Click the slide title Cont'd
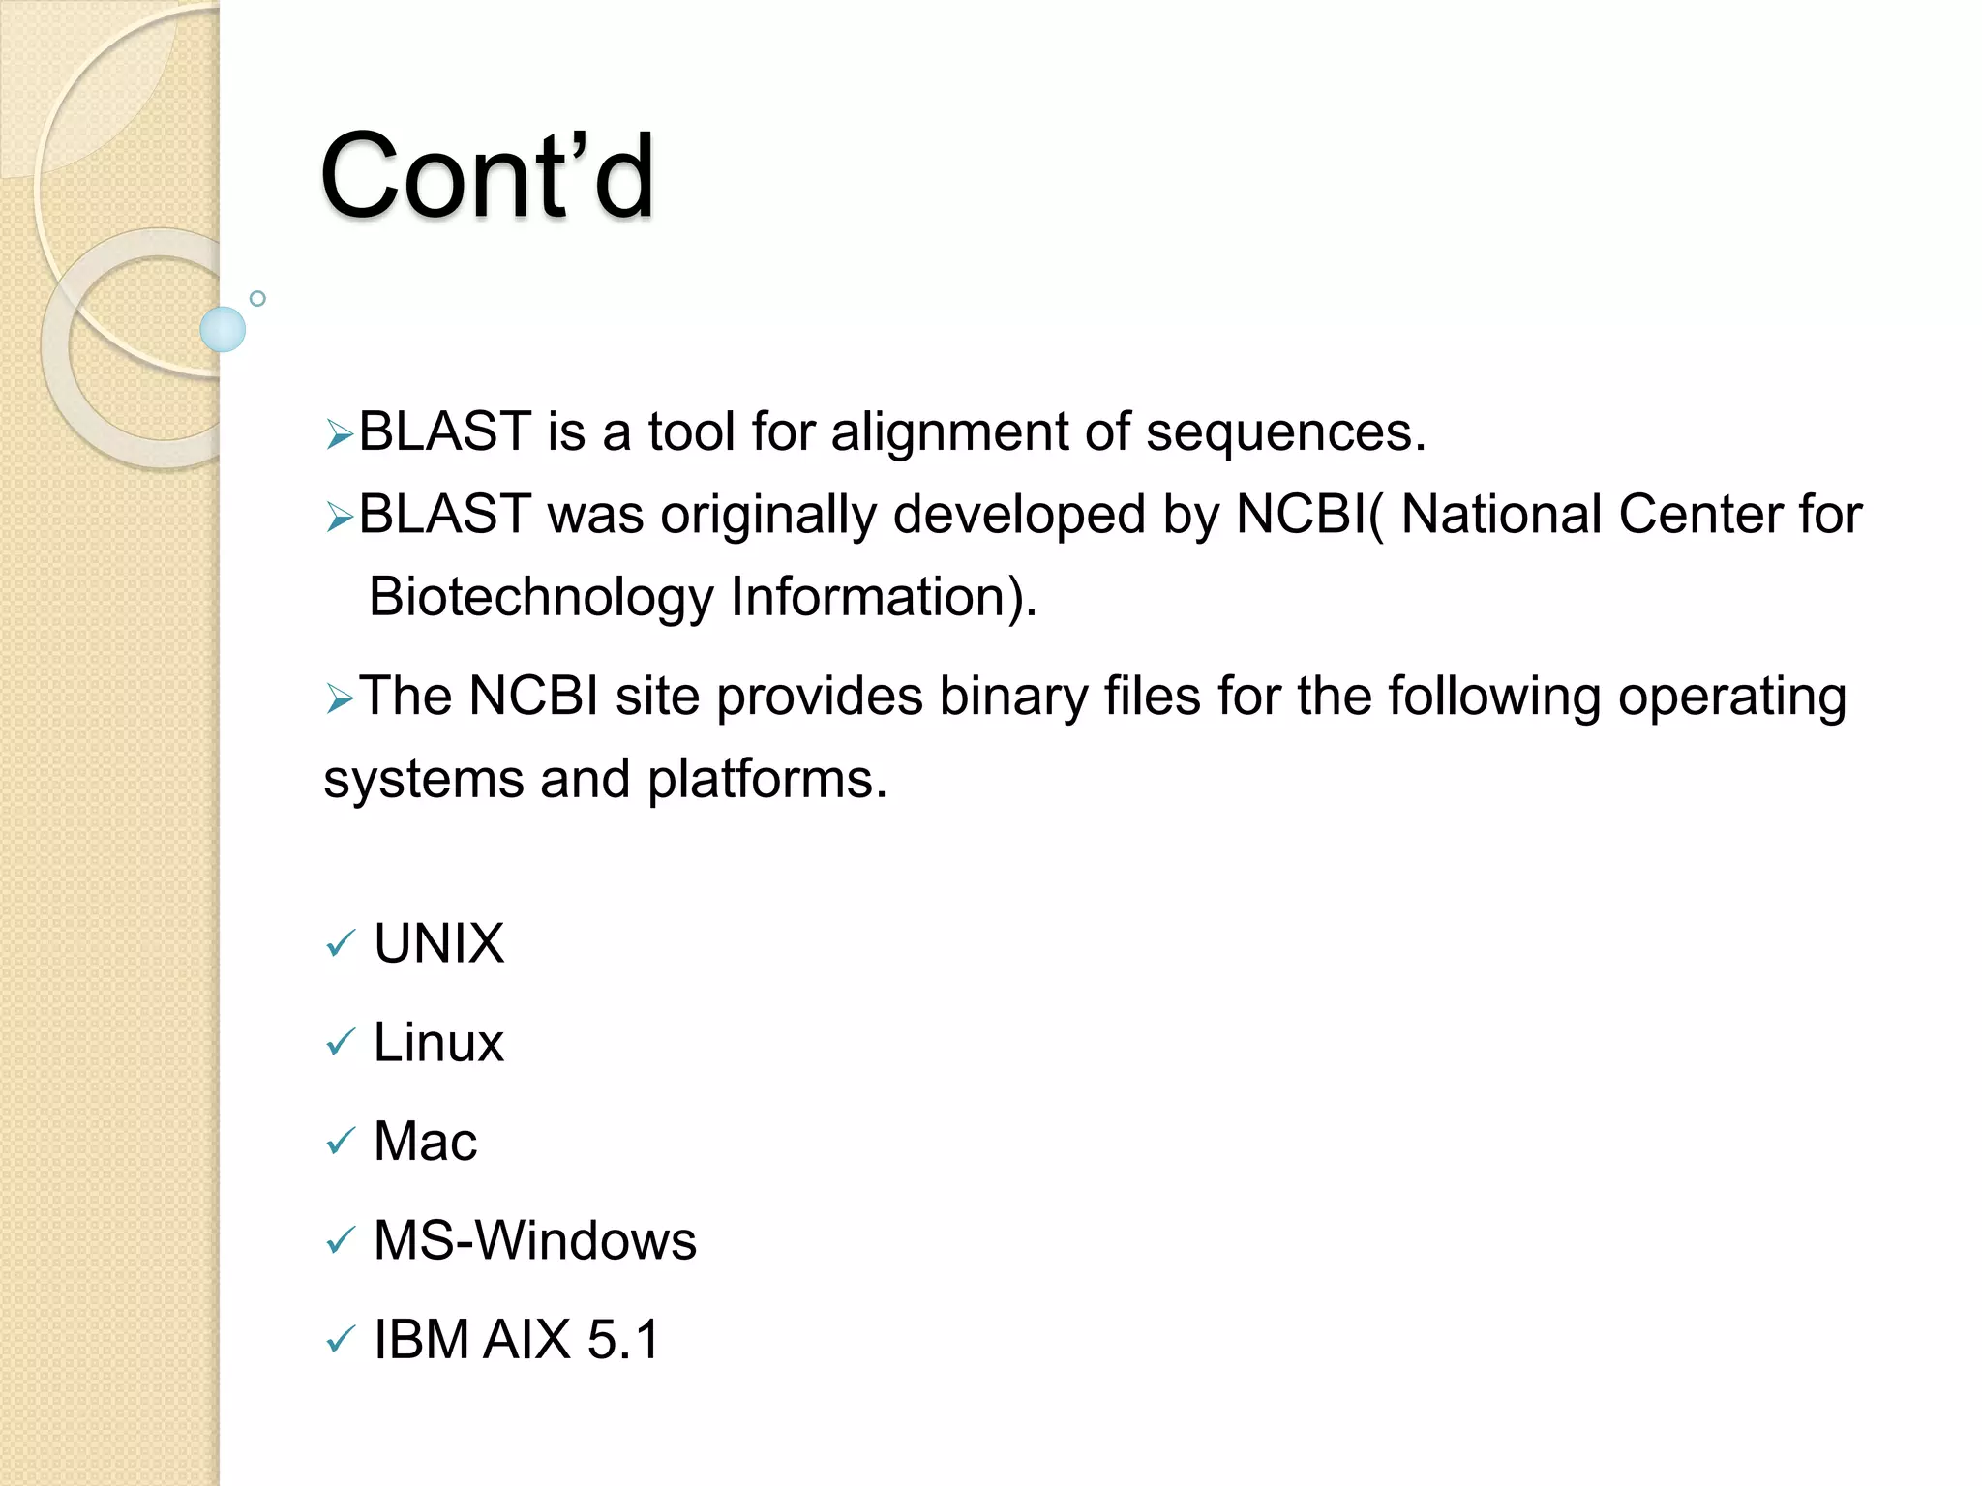point(487,176)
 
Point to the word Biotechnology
point(541,597)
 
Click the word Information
point(881,597)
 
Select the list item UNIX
point(438,943)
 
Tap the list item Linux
point(438,1043)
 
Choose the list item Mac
point(425,1142)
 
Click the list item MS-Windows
point(534,1241)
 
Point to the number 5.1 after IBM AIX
point(623,1340)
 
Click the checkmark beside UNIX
point(340,943)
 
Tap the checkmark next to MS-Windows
point(340,1240)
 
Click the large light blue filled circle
point(223,329)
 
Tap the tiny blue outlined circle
point(257,299)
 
